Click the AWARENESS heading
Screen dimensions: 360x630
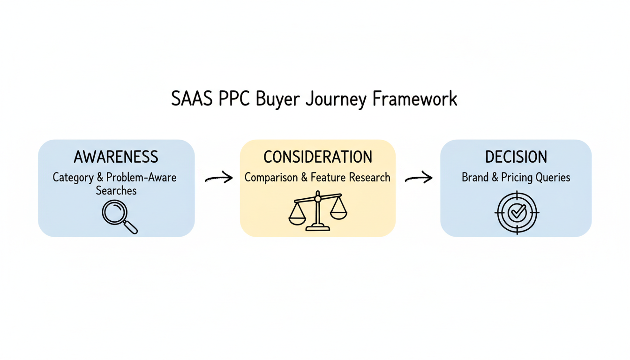pos(116,157)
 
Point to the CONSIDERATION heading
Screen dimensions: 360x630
pos(318,157)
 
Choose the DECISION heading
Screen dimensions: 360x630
pos(516,157)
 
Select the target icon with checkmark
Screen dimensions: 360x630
pos(517,212)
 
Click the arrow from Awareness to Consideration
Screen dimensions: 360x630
pos(219,177)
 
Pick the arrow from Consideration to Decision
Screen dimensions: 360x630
pos(418,177)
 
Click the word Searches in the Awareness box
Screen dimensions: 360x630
pos(116,190)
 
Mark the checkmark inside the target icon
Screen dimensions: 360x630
pos(517,212)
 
